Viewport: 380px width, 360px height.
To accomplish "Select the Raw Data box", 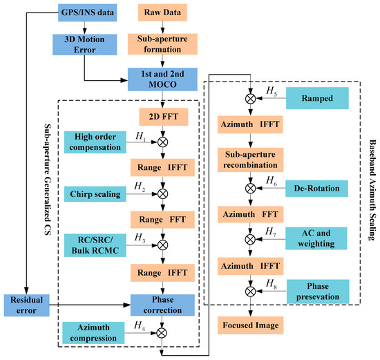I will pyautogui.click(x=161, y=12).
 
